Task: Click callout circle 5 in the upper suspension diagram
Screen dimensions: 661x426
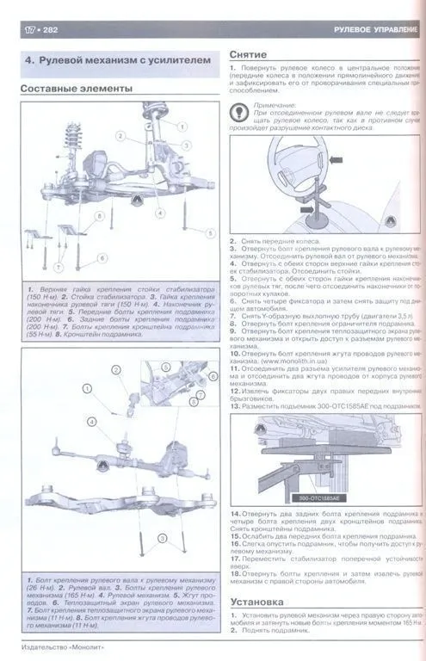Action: click(x=208, y=232)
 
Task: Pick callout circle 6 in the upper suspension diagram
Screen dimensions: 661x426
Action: click(x=102, y=257)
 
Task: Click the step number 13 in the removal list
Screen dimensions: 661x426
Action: click(x=235, y=405)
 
